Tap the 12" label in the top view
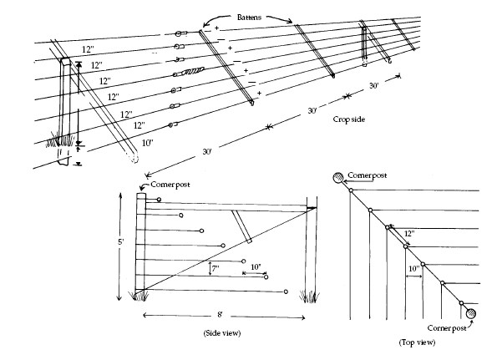[x=409, y=235]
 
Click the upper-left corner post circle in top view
[x=337, y=178]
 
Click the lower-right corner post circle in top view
[x=472, y=313]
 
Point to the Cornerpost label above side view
[x=170, y=183]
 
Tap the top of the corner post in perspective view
[x=65, y=60]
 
